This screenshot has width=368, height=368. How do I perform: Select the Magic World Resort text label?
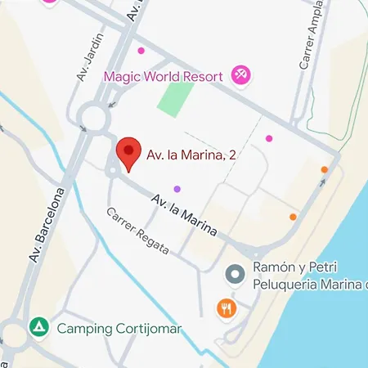[164, 77]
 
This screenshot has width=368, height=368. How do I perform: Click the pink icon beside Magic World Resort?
[241, 76]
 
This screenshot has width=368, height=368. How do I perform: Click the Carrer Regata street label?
[137, 231]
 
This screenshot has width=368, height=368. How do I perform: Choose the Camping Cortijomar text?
[119, 330]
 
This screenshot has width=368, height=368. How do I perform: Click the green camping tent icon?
[38, 329]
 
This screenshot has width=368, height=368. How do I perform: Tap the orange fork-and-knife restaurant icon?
[227, 308]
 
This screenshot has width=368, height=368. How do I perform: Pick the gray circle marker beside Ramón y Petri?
[235, 274]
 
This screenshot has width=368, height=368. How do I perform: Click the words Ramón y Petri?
[296, 268]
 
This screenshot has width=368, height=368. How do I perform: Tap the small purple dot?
[177, 190]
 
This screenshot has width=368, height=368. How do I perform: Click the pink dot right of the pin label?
[269, 138]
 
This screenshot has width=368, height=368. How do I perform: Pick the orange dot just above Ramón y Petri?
[293, 217]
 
